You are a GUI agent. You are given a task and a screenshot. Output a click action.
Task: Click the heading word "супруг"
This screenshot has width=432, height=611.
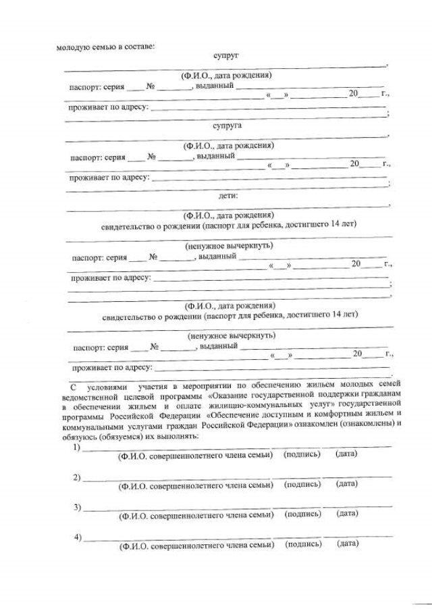click(225, 55)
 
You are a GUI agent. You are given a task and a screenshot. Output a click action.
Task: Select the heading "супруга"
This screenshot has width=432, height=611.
click(227, 126)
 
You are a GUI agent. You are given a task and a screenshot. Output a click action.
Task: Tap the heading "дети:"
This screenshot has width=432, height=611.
click(227, 196)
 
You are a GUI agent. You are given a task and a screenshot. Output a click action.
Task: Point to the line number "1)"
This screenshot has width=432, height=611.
click(77, 447)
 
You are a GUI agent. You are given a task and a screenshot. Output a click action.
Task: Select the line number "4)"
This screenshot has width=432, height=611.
click(78, 537)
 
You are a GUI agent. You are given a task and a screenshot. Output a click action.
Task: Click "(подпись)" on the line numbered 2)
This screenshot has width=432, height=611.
click(302, 484)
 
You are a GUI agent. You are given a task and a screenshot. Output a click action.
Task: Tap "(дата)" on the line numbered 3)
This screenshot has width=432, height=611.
click(347, 514)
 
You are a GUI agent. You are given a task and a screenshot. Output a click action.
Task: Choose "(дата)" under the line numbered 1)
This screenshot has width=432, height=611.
click(346, 454)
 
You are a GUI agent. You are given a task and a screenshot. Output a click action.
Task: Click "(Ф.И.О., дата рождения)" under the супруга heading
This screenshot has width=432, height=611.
click(227, 145)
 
